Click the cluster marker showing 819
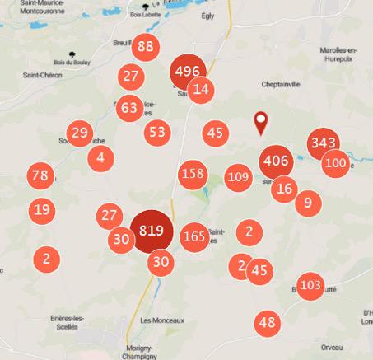pyautogui.click(x=151, y=231)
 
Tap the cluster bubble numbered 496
pyautogui.click(x=188, y=72)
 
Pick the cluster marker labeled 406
pyautogui.click(x=275, y=161)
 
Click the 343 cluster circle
pyautogui.click(x=323, y=144)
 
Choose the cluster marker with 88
pyautogui.click(x=146, y=47)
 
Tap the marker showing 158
pyautogui.click(x=193, y=174)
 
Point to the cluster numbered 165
pyautogui.click(x=193, y=237)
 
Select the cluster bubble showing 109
pyautogui.click(x=238, y=176)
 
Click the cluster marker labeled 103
pyautogui.click(x=310, y=286)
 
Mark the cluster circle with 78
pyautogui.click(x=39, y=175)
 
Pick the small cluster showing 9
pyautogui.click(x=307, y=201)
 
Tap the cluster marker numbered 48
pyautogui.click(x=267, y=322)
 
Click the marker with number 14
pyautogui.click(x=202, y=90)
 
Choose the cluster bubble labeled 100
pyautogui.click(x=335, y=162)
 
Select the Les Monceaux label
pyautogui.click(x=162, y=320)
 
